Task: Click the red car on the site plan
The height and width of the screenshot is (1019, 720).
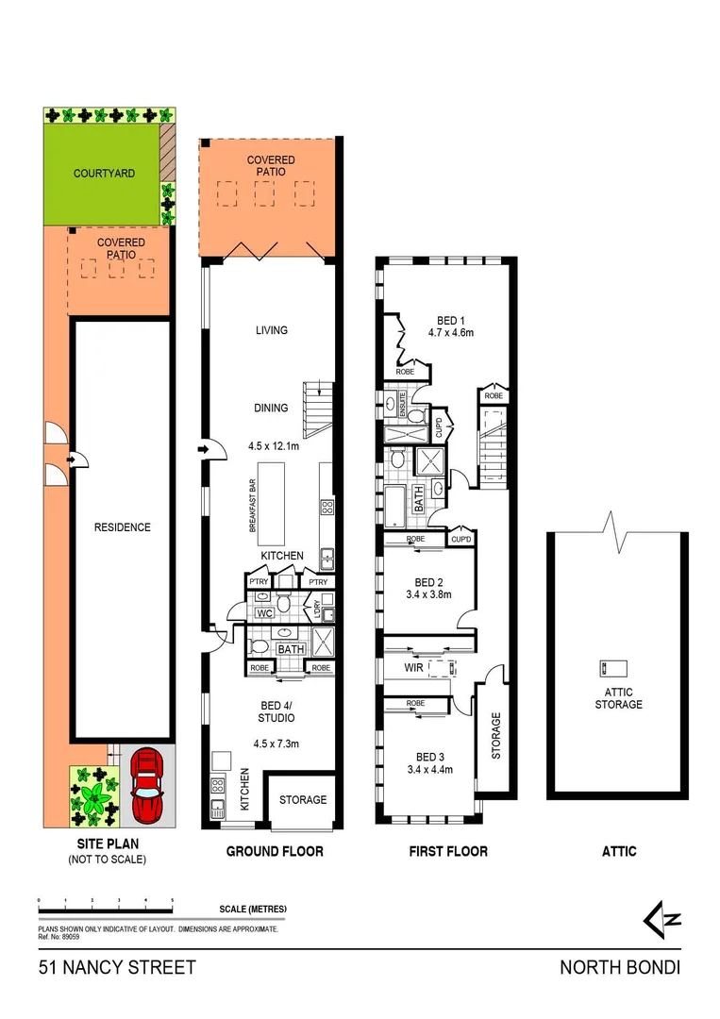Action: (x=147, y=784)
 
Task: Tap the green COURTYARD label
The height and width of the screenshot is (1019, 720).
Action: (x=104, y=174)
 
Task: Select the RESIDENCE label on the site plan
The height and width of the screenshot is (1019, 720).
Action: (x=122, y=527)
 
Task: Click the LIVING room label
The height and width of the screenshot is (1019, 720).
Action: (x=271, y=330)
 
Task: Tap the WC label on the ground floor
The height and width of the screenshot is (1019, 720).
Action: (x=265, y=613)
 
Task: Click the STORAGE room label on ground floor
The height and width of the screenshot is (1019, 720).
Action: (x=303, y=800)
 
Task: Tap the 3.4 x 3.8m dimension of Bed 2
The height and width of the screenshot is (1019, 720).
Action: (x=428, y=595)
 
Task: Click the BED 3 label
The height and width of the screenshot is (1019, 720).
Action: (x=428, y=757)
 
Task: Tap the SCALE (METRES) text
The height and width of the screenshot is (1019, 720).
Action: (x=252, y=909)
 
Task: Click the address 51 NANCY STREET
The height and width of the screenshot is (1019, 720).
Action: (x=117, y=967)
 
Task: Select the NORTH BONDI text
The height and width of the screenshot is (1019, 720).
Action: (x=619, y=967)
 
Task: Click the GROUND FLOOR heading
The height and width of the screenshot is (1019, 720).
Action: (x=275, y=851)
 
